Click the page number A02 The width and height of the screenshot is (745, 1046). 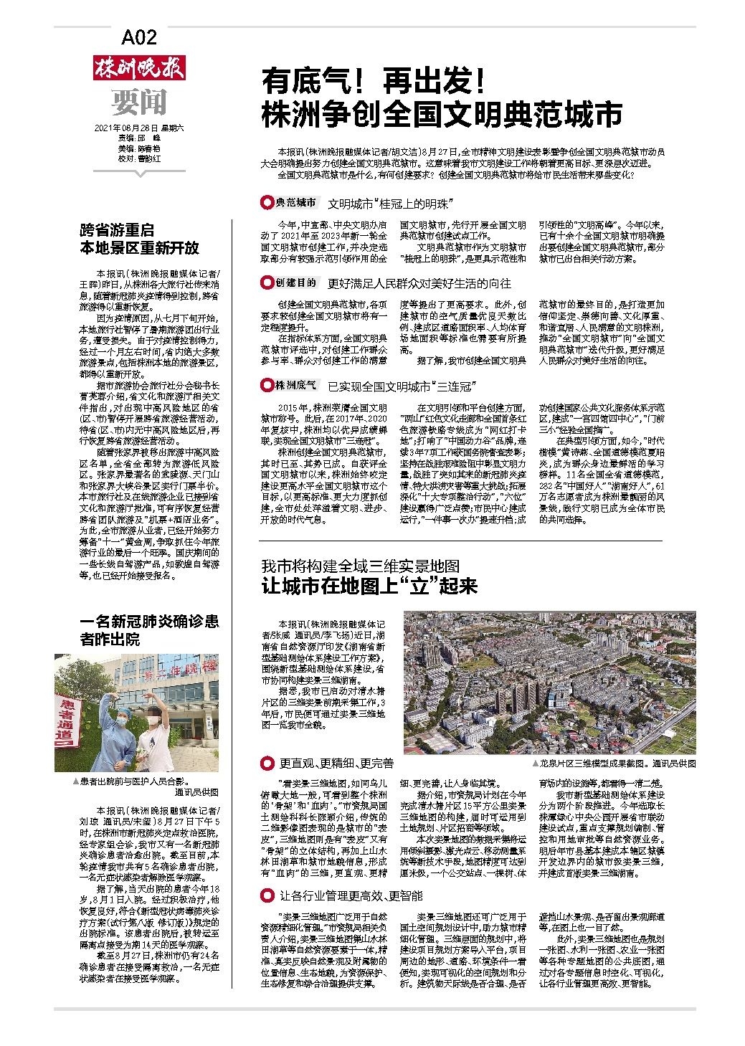[x=139, y=37]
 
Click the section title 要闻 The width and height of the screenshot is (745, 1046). [x=139, y=102]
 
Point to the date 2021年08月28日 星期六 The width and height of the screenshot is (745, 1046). [x=139, y=128]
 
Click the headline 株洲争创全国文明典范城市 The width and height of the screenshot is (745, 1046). [x=441, y=114]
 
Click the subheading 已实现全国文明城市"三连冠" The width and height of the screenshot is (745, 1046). [x=402, y=387]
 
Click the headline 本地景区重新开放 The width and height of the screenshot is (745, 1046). [x=139, y=248]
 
